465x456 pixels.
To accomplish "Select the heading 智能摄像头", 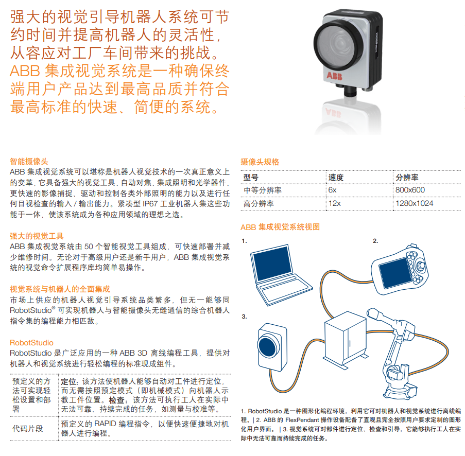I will coord(29,161).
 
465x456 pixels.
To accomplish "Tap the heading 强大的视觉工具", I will coord(37,236).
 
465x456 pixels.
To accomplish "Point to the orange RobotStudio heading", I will coord(31,342).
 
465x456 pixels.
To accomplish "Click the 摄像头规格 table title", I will coord(260,162).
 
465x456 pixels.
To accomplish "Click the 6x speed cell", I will coord(333,190).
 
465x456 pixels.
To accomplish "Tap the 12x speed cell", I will coord(335,204).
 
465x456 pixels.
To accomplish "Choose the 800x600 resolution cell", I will coord(410,190).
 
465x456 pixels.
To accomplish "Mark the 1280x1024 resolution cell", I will coord(415,204).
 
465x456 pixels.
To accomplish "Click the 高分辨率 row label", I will coord(259,204).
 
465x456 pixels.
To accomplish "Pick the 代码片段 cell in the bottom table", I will coord(28,428).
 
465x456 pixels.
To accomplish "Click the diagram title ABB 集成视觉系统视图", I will coord(280,226).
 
